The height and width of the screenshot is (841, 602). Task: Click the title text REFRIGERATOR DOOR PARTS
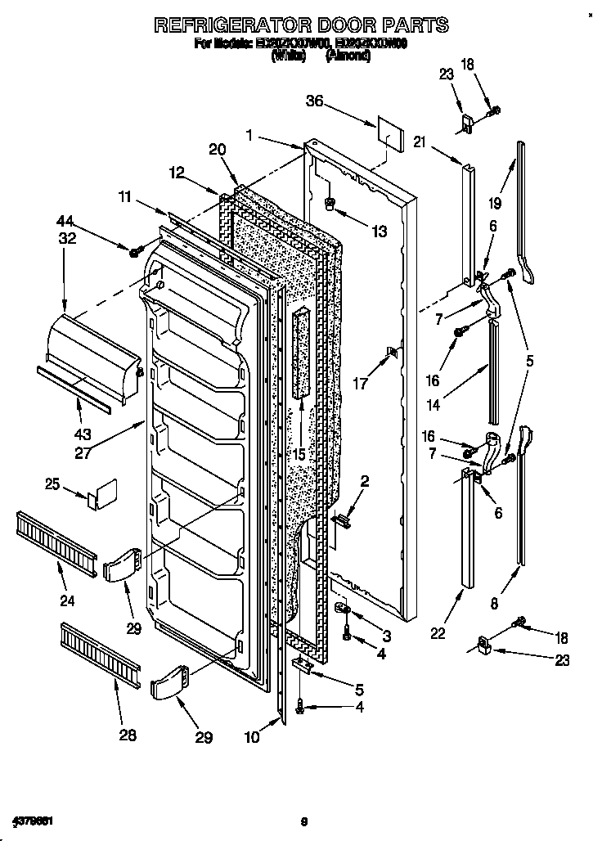point(302,25)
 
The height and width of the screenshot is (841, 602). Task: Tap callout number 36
point(315,101)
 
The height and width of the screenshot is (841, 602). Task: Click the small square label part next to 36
point(389,133)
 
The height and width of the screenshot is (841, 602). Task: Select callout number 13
point(378,232)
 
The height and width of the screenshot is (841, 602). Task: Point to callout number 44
point(65,221)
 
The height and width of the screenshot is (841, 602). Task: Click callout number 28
point(127,734)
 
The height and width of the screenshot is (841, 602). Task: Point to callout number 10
point(253,736)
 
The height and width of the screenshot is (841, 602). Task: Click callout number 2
point(365,482)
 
